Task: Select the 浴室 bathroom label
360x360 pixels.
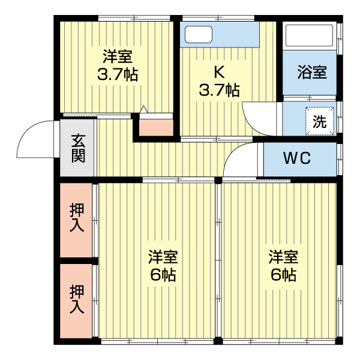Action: coord(312,73)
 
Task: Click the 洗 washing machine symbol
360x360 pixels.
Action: coord(319,121)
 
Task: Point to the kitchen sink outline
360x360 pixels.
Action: coord(199,35)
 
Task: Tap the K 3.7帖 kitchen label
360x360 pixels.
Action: coord(219,82)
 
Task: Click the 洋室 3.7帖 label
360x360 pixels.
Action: coord(118,65)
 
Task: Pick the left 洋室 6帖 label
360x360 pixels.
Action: coord(163,266)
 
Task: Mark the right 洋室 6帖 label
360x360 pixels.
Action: coord(283,266)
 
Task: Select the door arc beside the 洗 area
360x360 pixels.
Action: coord(256,116)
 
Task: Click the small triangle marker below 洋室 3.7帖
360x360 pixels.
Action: coord(143,110)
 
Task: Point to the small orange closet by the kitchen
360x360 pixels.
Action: coord(155,126)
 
